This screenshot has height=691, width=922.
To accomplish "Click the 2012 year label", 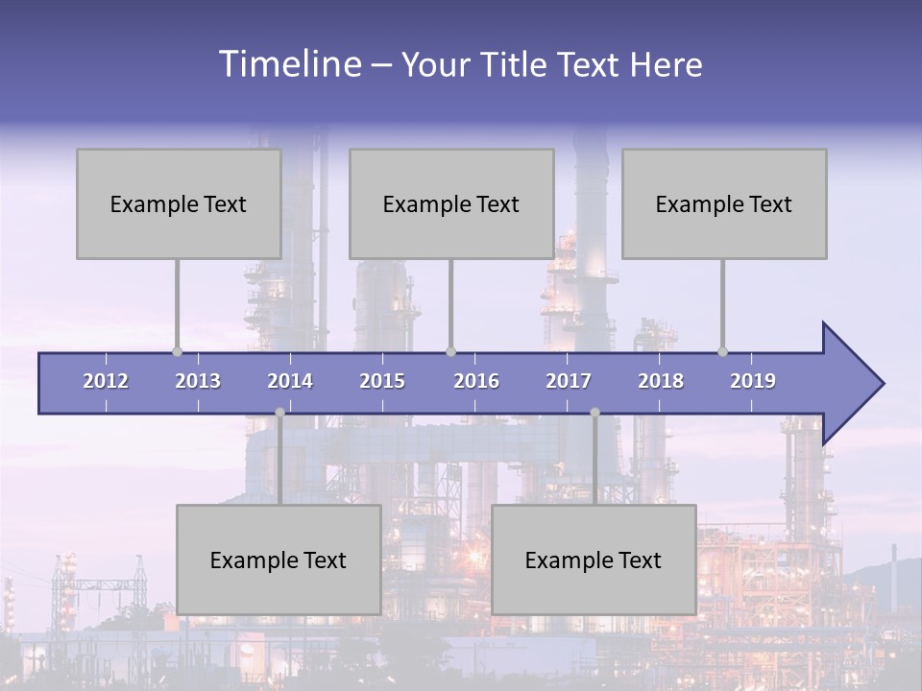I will (106, 381).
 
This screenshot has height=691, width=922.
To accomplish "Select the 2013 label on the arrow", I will (198, 381).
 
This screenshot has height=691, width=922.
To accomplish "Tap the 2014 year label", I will (290, 381).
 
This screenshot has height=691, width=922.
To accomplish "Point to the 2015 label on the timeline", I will (382, 381).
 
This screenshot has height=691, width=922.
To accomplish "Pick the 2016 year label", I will (476, 381).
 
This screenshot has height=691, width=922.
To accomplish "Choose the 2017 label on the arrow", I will (569, 381).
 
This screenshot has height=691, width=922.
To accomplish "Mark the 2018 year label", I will (661, 381).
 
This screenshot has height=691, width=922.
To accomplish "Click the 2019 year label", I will (753, 381).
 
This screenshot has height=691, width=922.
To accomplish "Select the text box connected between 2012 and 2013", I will (179, 203).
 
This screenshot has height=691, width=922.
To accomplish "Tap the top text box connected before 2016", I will (451, 203).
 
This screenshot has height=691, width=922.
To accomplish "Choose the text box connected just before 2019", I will (724, 203).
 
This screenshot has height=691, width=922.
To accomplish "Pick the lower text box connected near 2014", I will (279, 560).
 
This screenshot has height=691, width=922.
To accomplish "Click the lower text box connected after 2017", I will (594, 560).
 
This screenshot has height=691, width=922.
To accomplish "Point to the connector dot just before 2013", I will (177, 351).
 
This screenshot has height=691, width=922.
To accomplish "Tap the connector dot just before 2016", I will (450, 351).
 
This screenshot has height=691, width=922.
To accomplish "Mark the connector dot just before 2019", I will (722, 351).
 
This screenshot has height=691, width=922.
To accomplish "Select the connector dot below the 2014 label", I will (279, 412).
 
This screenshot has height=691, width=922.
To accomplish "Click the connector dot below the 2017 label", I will (594, 412).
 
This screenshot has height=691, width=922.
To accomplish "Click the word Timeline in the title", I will (289, 63).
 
